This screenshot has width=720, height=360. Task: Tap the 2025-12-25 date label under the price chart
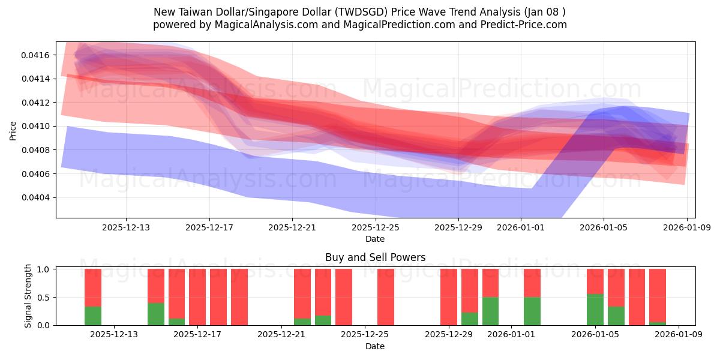(375, 227)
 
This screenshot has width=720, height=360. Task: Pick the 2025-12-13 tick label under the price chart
(125, 227)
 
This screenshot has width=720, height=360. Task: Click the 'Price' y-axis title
(13, 130)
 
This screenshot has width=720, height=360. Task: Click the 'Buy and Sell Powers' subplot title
(375, 257)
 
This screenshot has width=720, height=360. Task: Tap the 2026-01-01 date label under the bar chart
(511, 335)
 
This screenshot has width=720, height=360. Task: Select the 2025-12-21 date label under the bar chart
(281, 335)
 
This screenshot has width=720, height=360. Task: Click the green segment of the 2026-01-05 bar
(595, 310)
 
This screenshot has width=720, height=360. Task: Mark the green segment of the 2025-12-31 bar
(490, 311)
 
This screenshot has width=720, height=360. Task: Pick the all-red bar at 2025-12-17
(197, 297)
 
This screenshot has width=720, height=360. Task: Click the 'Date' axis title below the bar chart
(375, 346)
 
